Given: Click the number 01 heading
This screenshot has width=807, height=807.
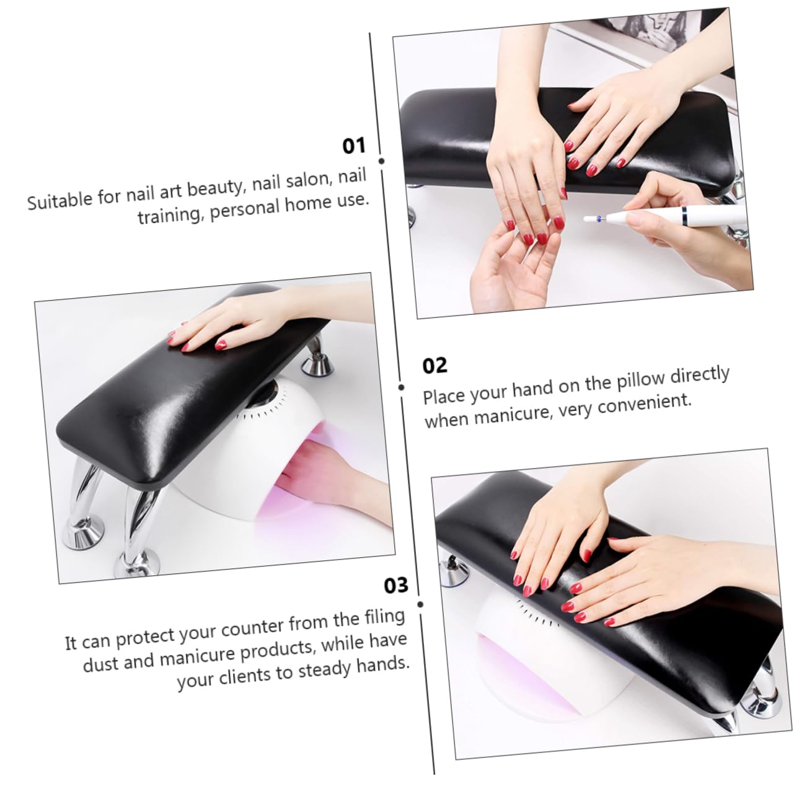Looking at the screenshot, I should click(354, 146).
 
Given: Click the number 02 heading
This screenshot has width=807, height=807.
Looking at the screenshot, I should click(434, 366).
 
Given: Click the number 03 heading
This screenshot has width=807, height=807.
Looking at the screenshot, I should click(396, 585).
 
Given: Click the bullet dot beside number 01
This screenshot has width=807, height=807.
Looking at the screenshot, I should click(381, 161).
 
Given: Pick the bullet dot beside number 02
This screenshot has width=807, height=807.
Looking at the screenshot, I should click(401, 387).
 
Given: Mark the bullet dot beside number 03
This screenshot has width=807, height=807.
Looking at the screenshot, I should click(420, 604).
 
